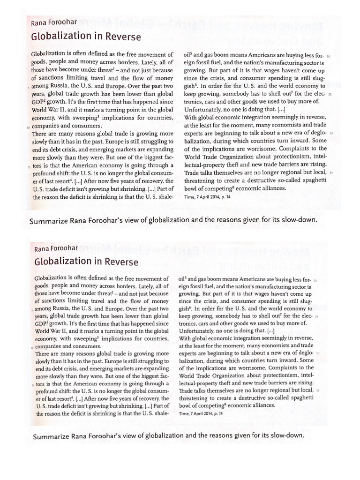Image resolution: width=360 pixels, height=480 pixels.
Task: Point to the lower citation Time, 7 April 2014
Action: [202, 414]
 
